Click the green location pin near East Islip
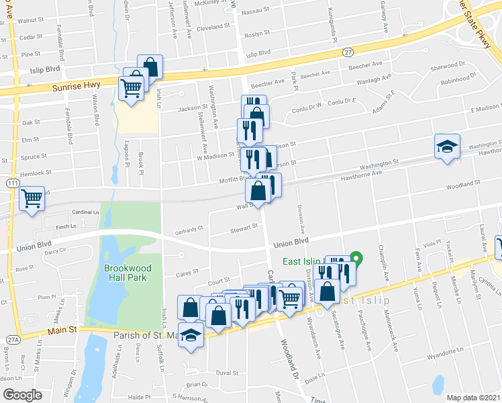pos(358,257)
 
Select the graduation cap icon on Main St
pos(191,334)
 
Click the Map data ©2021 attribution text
pos(472,398)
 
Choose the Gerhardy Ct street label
pos(191,228)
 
